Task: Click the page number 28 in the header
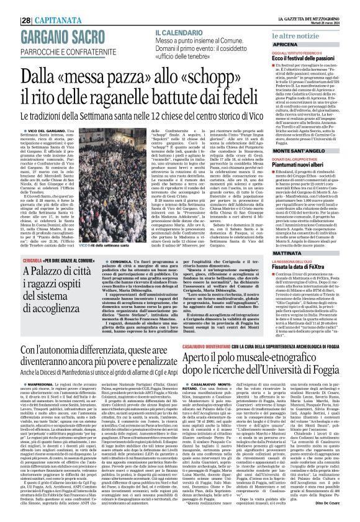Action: (x=9, y=6)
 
